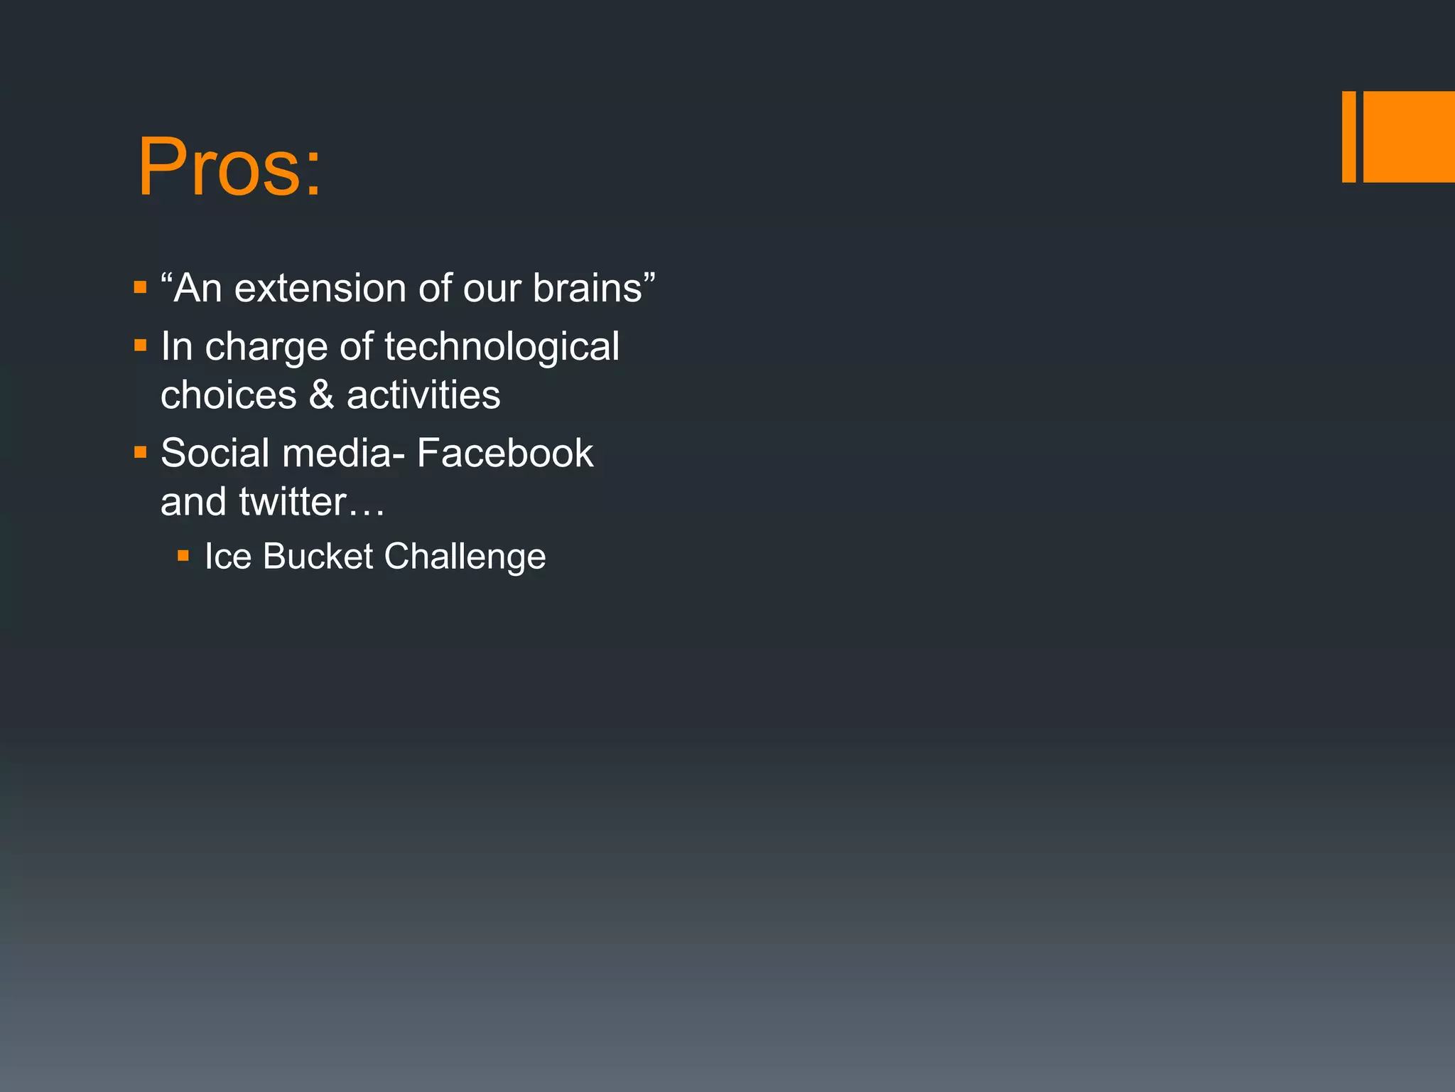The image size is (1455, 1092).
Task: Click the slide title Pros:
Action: coord(229,168)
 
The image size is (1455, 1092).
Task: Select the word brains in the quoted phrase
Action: coord(588,289)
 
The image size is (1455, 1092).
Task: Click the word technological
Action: coord(502,347)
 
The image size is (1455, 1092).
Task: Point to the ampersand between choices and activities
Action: coord(322,395)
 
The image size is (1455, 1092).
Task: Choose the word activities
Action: coord(423,395)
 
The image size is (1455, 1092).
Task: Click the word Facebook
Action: coord(504,454)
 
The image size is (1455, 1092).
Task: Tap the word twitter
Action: coord(293,502)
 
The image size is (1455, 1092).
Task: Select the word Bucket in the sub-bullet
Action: coord(318,556)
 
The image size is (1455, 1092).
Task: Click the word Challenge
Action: coord(465,557)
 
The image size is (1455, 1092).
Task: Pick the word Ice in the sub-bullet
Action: coord(228,556)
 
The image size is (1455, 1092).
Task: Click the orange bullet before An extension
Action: coord(140,288)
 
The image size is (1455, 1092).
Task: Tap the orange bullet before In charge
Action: coord(140,346)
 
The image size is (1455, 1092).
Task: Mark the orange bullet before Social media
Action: coord(140,452)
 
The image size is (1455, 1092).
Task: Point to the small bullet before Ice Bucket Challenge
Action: coord(183,555)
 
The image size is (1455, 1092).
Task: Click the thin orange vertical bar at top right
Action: coord(1348,136)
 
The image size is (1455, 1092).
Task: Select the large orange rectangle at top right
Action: coord(1409,136)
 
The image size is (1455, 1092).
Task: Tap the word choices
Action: coord(228,395)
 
